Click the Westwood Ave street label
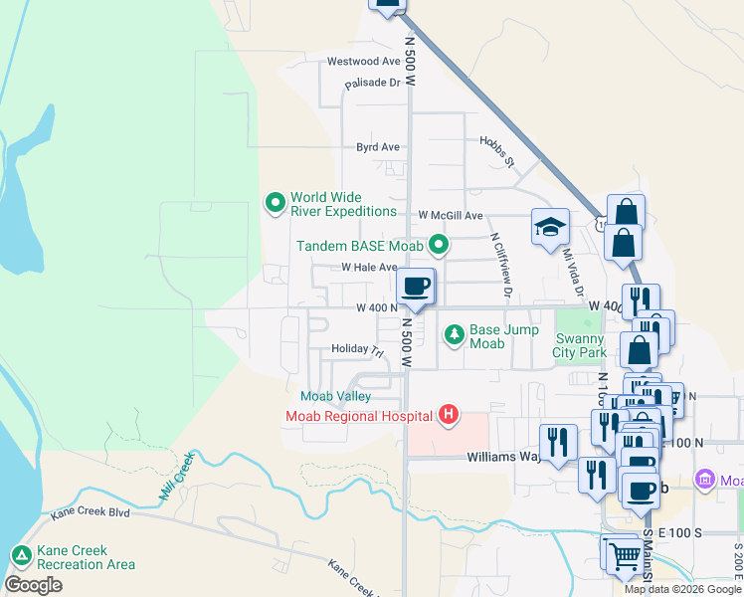click(363, 62)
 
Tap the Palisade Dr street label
click(372, 84)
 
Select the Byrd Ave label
click(378, 147)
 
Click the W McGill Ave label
click(450, 215)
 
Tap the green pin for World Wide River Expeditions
click(276, 203)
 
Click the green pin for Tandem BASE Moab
click(438, 245)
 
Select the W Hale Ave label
click(369, 268)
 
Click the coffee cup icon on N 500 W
click(416, 287)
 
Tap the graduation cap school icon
click(549, 227)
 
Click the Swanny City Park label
click(580, 345)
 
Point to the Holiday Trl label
click(357, 350)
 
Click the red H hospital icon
click(449, 415)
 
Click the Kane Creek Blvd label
click(91, 514)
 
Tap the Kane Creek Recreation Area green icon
click(20, 556)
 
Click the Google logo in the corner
click(33, 585)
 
